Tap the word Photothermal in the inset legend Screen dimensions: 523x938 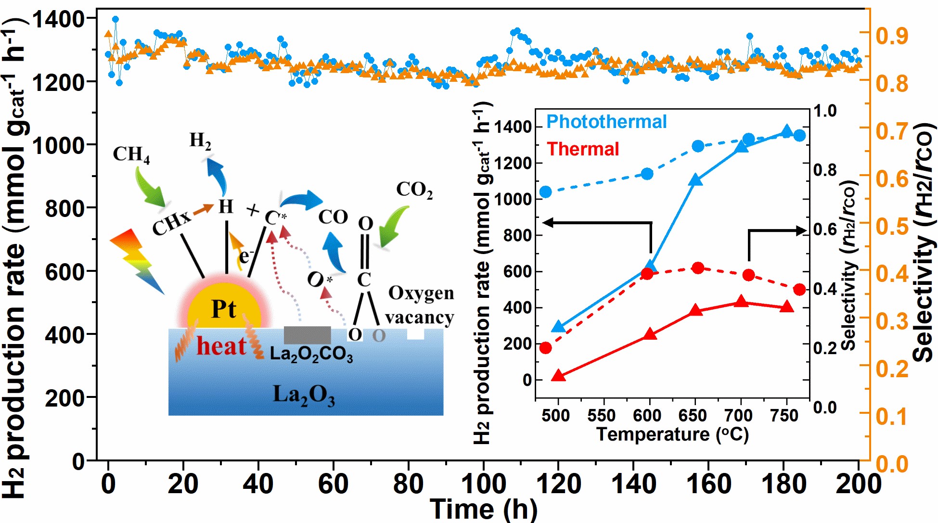tap(606, 122)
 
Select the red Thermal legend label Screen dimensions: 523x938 tap(583, 149)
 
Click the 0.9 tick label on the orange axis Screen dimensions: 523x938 tap(892, 36)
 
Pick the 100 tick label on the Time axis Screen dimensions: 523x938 tap(483, 484)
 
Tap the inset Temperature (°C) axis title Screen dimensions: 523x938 tap(672, 434)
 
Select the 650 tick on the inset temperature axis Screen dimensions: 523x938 tap(693, 415)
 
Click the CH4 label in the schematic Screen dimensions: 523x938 tap(131, 154)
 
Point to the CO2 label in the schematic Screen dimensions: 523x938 tap(414, 190)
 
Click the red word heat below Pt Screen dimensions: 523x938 tap(221, 346)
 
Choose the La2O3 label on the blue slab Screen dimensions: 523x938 tap(304, 395)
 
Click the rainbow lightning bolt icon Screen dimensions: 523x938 tap(137, 260)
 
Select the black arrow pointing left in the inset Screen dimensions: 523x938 tap(597, 223)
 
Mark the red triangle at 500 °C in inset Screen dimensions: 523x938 tap(558, 375)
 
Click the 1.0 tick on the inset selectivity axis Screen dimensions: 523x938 tap(825, 111)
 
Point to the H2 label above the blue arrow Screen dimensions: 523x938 tap(200, 140)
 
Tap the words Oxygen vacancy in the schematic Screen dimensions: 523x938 tap(420, 305)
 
